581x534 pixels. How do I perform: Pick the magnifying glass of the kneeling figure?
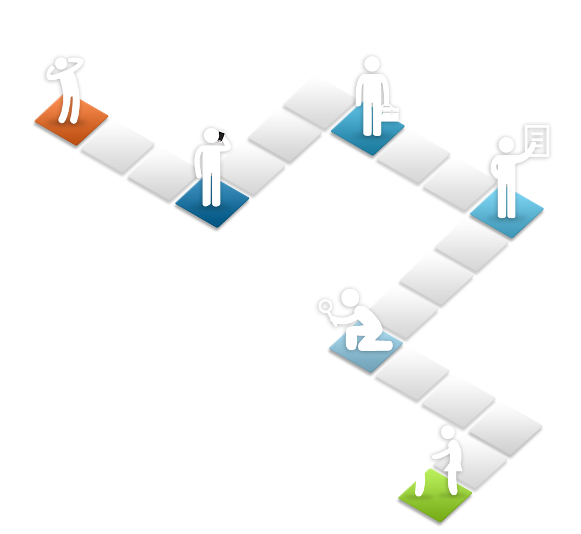pyautogui.click(x=326, y=306)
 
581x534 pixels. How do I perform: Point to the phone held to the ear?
pyautogui.click(x=221, y=137)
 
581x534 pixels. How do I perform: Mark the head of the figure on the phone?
pyautogui.click(x=211, y=136)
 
